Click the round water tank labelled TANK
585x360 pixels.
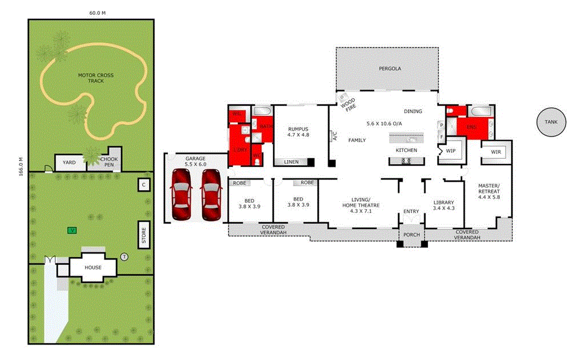551,122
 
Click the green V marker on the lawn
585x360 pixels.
72,230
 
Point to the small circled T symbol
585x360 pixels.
125,257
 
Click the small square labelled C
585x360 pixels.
144,185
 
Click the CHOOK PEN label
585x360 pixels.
109,162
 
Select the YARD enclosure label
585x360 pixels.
69,162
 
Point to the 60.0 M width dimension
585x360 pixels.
97,13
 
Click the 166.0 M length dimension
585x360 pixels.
21,168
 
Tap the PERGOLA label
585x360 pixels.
390,69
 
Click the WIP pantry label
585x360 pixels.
450,151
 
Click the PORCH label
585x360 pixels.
411,235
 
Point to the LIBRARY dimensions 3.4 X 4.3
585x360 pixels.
443,209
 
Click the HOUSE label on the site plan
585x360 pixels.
93,267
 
